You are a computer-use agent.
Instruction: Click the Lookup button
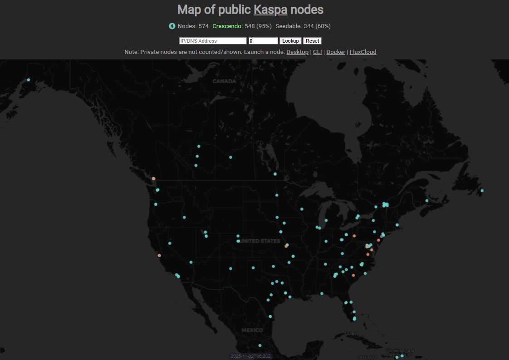[x=290, y=41]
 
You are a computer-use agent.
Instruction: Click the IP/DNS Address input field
[x=213, y=41]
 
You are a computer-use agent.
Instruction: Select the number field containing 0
[x=263, y=41]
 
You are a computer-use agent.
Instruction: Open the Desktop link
[x=297, y=52]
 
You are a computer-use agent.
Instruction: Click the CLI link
[x=318, y=52]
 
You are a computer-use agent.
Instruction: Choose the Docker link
[x=336, y=52]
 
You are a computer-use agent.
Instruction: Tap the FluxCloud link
[x=363, y=52]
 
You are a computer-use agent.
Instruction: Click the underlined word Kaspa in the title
[x=270, y=10]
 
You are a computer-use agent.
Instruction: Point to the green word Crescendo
[x=227, y=26]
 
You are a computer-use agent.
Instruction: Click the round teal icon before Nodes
[x=172, y=26]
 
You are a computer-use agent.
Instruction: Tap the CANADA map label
[x=225, y=82]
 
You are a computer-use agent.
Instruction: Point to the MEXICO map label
[x=252, y=330]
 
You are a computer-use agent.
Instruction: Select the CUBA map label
[x=351, y=334]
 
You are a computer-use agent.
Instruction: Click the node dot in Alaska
[x=28, y=80]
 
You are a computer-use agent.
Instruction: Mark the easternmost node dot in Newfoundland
[x=482, y=190]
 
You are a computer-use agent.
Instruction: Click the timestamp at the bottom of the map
[x=250, y=356]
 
